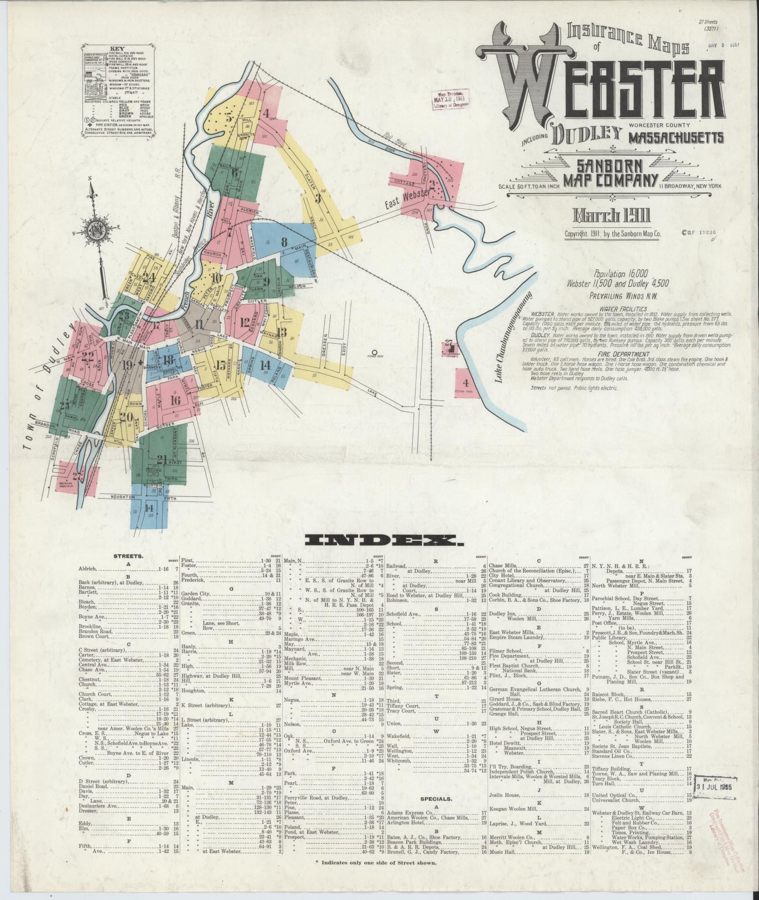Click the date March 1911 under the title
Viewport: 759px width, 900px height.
pos(612,216)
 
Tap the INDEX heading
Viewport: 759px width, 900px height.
pos(381,540)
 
